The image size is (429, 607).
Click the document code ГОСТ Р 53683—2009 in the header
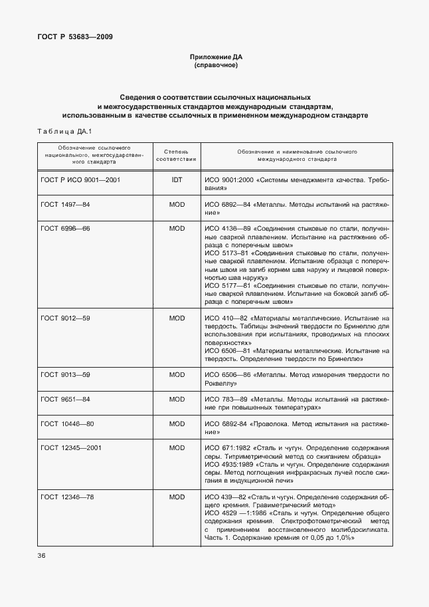tap(75, 37)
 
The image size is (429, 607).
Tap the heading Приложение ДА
tap(214, 58)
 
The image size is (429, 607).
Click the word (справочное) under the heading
tap(214, 66)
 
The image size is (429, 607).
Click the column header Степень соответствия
tap(177, 156)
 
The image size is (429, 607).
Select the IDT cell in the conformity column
tap(177, 180)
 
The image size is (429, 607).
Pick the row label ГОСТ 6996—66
tap(65, 228)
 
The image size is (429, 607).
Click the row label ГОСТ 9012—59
tap(65, 318)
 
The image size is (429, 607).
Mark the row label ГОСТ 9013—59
tap(65, 375)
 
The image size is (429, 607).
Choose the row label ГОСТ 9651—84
tap(65, 399)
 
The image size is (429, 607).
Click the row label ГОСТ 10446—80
tap(67, 424)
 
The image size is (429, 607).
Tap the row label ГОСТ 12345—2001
tap(72, 448)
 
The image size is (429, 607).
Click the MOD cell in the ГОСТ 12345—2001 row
tap(177, 448)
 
